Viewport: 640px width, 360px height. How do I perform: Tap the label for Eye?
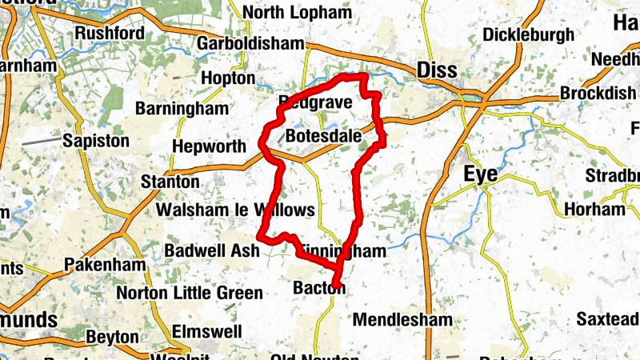pos(481,174)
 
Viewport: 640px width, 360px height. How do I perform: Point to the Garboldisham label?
pos(250,42)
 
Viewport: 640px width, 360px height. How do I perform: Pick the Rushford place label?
pos(110,34)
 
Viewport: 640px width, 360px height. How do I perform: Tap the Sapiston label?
pos(95,141)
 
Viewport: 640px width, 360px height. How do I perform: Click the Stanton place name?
pos(170,182)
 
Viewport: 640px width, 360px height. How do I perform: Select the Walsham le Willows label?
pos(235,210)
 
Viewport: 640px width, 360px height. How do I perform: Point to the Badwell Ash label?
pos(212,250)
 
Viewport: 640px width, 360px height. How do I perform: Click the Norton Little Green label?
pos(189,293)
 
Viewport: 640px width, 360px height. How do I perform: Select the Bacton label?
pos(319,287)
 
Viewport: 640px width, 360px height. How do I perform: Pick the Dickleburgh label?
pos(529,35)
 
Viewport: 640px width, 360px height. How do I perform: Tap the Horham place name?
pos(594,210)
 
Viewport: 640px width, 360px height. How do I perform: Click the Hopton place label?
pos(228,78)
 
